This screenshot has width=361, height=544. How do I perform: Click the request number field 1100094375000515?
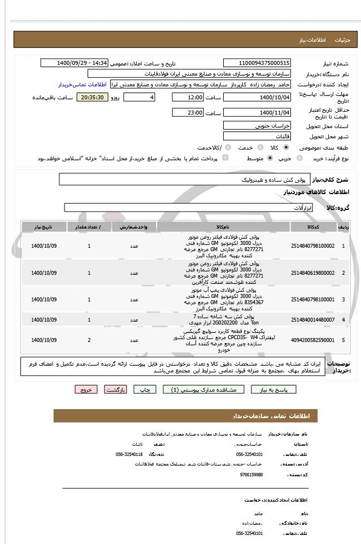[x=257, y=63]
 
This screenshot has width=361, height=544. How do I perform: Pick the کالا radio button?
[x=285, y=147]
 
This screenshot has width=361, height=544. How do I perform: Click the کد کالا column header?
[x=312, y=226]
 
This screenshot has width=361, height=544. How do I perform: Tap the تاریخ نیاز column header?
[x=44, y=226]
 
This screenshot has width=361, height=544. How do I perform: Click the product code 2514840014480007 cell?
[x=312, y=320]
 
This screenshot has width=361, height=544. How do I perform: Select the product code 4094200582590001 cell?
[x=312, y=340]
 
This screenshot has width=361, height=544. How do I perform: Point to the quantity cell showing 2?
[x=89, y=340]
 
